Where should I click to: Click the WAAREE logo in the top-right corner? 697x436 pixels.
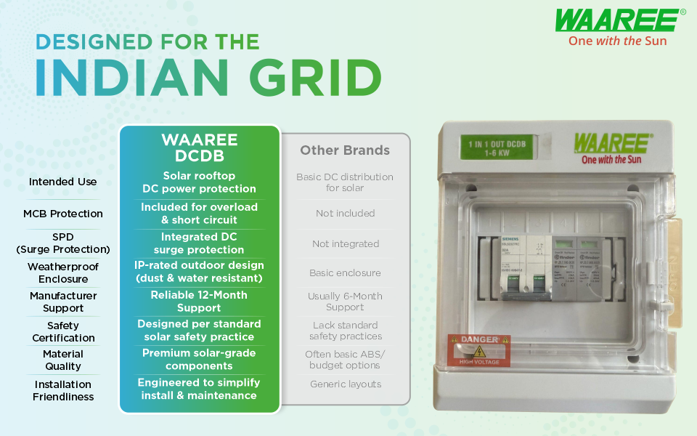(620, 20)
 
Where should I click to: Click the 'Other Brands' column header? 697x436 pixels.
(345, 150)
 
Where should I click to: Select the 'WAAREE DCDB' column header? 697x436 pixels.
(200, 148)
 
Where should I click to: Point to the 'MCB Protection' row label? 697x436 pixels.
(63, 214)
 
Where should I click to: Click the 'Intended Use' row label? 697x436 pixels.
(63, 182)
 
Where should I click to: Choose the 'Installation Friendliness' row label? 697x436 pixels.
(63, 390)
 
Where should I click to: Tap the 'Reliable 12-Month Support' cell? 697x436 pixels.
(199, 302)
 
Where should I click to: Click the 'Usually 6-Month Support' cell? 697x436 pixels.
(345, 302)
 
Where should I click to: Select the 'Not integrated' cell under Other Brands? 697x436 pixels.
(346, 243)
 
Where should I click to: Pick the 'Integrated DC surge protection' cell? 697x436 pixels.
(199, 243)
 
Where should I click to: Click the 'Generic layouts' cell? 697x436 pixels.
(346, 384)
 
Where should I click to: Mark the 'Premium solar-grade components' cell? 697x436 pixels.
(199, 360)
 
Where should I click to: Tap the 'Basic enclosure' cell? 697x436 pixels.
(346, 273)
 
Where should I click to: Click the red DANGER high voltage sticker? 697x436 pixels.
(478, 350)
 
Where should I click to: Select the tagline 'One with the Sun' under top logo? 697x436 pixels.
(617, 41)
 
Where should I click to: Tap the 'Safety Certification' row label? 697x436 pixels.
(63, 331)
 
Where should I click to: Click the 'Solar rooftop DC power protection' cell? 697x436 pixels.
(199, 182)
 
